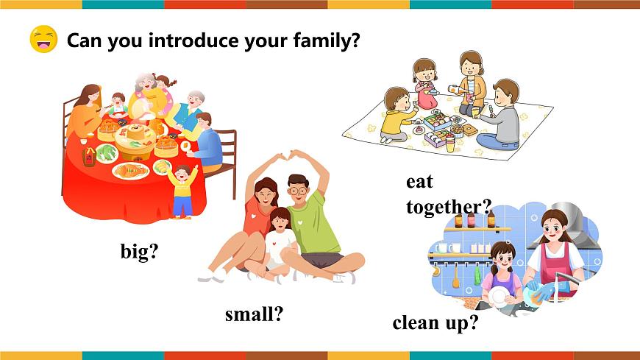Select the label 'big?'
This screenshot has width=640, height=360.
point(140,253)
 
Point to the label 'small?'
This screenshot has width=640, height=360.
point(254,315)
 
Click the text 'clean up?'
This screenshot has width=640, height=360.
point(435,322)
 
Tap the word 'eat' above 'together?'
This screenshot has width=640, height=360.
point(419,182)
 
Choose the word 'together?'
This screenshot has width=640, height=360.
point(448,207)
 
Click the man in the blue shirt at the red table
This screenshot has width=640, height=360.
point(208,144)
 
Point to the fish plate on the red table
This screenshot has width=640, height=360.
point(130,172)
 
